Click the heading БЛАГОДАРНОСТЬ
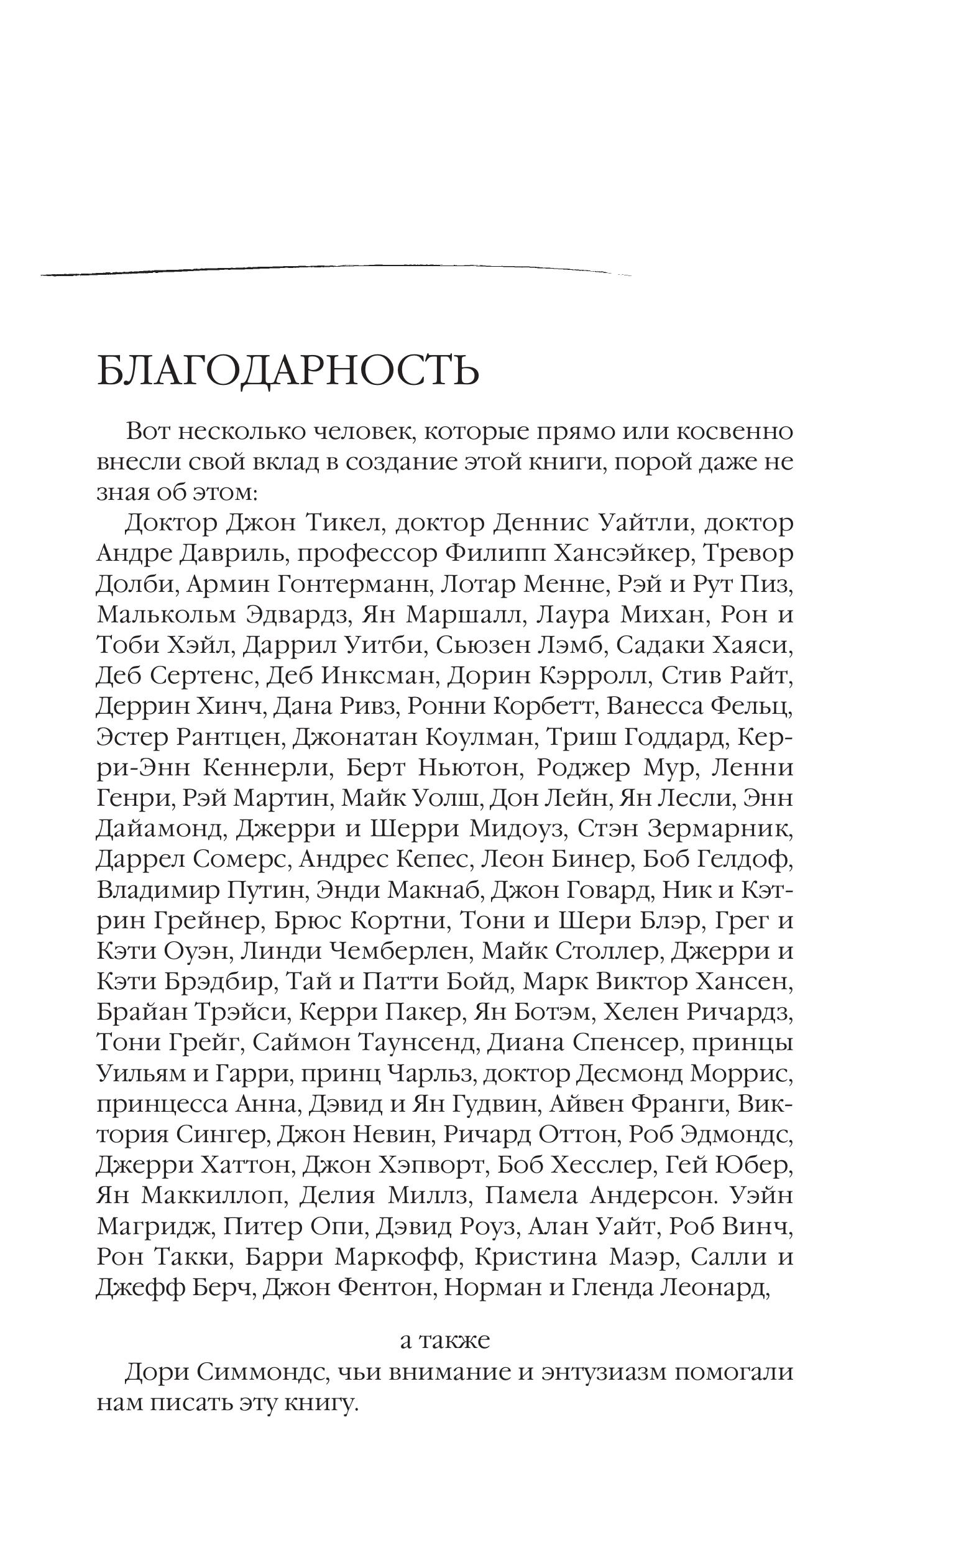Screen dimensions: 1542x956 tap(288, 371)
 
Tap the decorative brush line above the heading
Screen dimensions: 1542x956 tap(335, 270)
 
